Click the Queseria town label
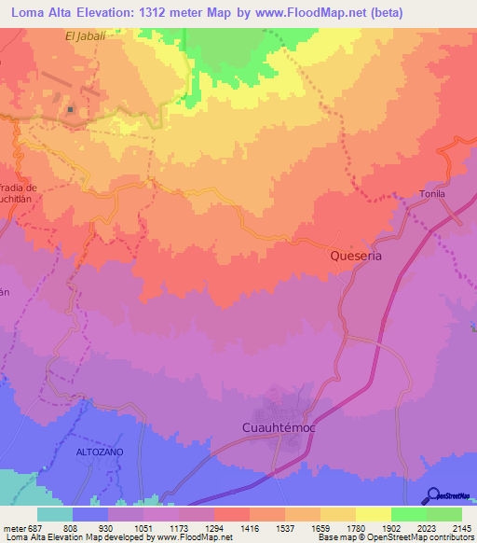coord(357,254)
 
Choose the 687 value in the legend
coord(36,527)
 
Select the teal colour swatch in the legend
coord(54,514)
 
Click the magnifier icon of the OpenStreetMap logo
coord(432,495)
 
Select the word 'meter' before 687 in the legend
coord(13,527)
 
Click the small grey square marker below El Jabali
coord(70,110)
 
